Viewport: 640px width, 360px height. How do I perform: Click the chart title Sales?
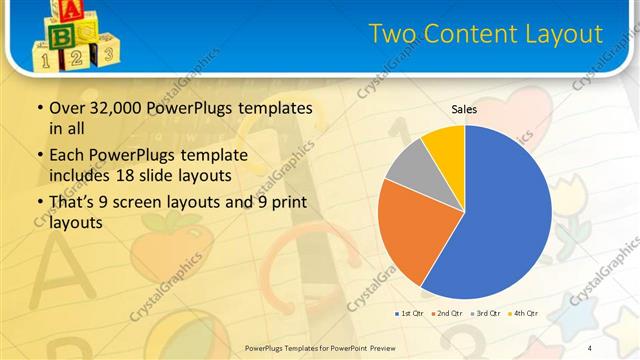click(464, 109)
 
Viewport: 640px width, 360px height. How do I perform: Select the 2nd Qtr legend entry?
click(446, 313)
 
